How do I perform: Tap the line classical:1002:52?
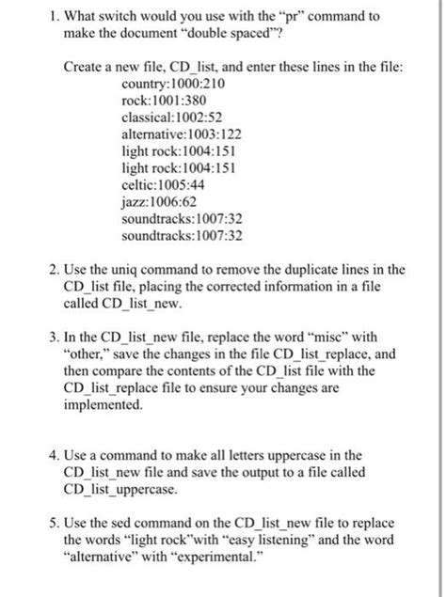coord(172,118)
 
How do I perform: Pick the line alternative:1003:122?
coord(182,134)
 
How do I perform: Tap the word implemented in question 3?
coord(103,406)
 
